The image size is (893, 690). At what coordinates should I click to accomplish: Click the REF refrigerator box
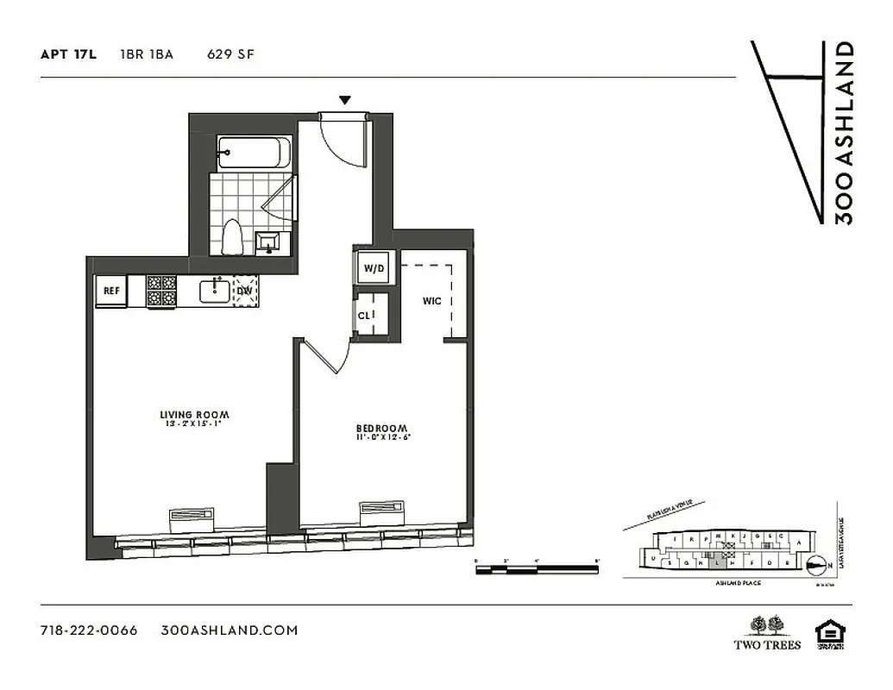[x=111, y=291]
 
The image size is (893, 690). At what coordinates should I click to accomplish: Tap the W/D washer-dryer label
[x=374, y=268]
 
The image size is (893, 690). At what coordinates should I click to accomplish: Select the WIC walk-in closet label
[x=432, y=301]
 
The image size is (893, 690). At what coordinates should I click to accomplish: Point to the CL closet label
[x=363, y=316]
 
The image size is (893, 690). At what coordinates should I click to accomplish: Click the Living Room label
[x=193, y=415]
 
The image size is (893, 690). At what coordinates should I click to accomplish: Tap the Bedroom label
[x=382, y=429]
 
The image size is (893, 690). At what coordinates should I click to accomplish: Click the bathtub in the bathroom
[x=249, y=154]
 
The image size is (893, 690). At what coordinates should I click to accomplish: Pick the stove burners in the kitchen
[x=161, y=291]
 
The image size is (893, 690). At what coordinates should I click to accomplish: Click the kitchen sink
[x=215, y=291]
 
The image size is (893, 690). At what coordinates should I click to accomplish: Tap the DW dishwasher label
[x=245, y=291]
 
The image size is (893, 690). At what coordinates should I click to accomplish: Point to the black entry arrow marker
[x=345, y=101]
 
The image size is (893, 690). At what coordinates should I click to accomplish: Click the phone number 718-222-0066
[x=89, y=630]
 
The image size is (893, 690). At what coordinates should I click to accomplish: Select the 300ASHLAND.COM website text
[x=230, y=630]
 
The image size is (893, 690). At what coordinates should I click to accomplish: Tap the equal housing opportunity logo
[x=830, y=632]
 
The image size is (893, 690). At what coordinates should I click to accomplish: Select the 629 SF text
[x=230, y=54]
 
